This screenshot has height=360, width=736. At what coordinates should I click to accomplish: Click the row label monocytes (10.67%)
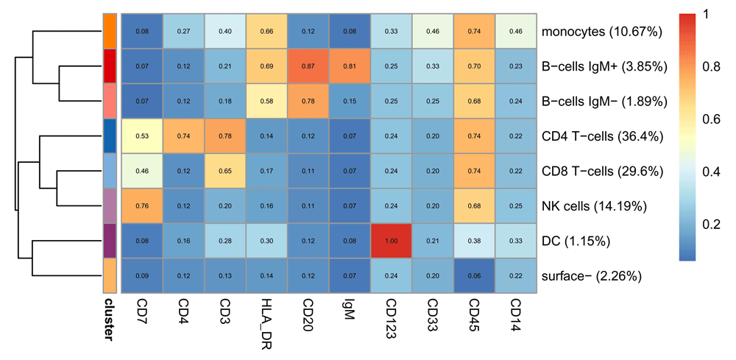point(601,32)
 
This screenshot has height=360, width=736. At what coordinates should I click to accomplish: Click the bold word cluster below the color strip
point(109,320)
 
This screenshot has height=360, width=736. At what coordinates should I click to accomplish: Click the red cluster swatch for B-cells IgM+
point(109,67)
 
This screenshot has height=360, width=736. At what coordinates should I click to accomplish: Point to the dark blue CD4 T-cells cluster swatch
point(109,137)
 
